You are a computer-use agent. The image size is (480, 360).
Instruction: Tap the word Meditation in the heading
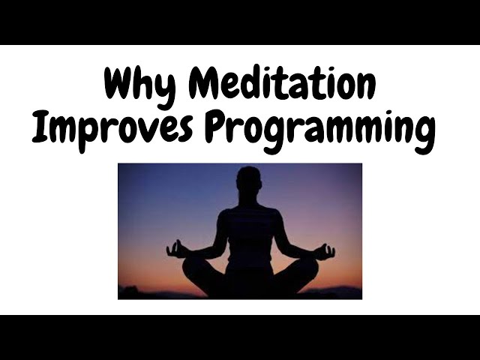coord(283,84)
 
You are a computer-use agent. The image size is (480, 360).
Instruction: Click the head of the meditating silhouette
coord(248,180)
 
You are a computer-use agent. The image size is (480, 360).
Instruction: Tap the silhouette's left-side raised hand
coord(175,248)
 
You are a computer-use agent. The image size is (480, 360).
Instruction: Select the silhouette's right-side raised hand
coord(324,250)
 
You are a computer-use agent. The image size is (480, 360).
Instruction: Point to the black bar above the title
coord(240,22)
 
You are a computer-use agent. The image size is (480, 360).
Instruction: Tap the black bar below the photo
coord(240,337)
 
